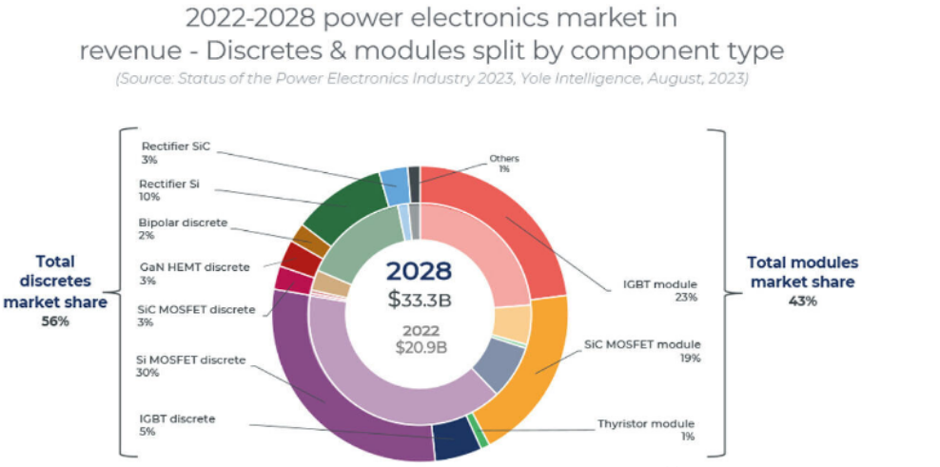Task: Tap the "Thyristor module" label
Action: pyautogui.click(x=646, y=423)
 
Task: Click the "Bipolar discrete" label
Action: pyautogui.click(x=183, y=223)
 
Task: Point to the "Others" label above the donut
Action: pyautogui.click(x=504, y=158)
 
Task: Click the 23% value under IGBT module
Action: pyautogui.click(x=687, y=297)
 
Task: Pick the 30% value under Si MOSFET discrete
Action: pyautogui.click(x=147, y=373)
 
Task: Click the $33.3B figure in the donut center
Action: pyautogui.click(x=419, y=302)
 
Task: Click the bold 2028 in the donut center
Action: pyautogui.click(x=419, y=270)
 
